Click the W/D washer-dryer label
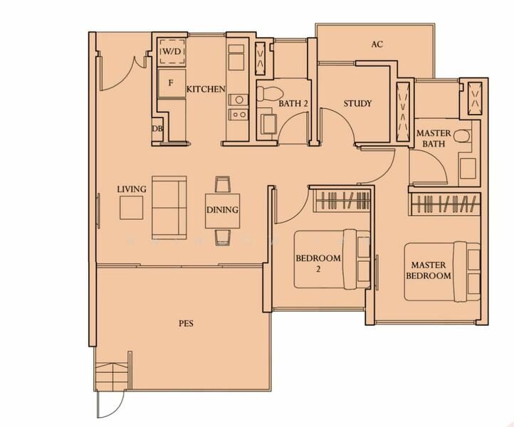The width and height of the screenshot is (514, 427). coord(172,52)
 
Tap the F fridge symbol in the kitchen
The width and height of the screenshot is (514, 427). coord(172,83)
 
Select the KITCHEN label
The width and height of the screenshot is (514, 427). coord(206,89)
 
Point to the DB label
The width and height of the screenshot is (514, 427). coord(157,129)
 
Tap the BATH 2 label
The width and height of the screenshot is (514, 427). coord(293,104)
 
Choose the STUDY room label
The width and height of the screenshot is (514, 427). coord(357,104)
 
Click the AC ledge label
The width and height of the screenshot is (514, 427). coord(377,44)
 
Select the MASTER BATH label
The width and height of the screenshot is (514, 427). coord(434,138)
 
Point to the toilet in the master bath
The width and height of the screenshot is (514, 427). coord(462,135)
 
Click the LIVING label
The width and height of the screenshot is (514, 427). coord(132,189)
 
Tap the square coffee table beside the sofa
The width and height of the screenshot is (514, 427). coord(131,208)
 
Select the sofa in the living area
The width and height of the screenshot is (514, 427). coord(169,207)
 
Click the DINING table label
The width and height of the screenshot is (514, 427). coord(222,210)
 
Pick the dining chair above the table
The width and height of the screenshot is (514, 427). coord(223,184)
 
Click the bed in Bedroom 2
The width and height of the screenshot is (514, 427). coord(332,259)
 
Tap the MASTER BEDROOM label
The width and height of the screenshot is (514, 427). coord(429,270)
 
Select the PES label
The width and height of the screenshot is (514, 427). coord(186,323)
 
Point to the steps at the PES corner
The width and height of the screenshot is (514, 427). coord(111,376)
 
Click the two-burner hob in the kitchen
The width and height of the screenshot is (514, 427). coord(238,115)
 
